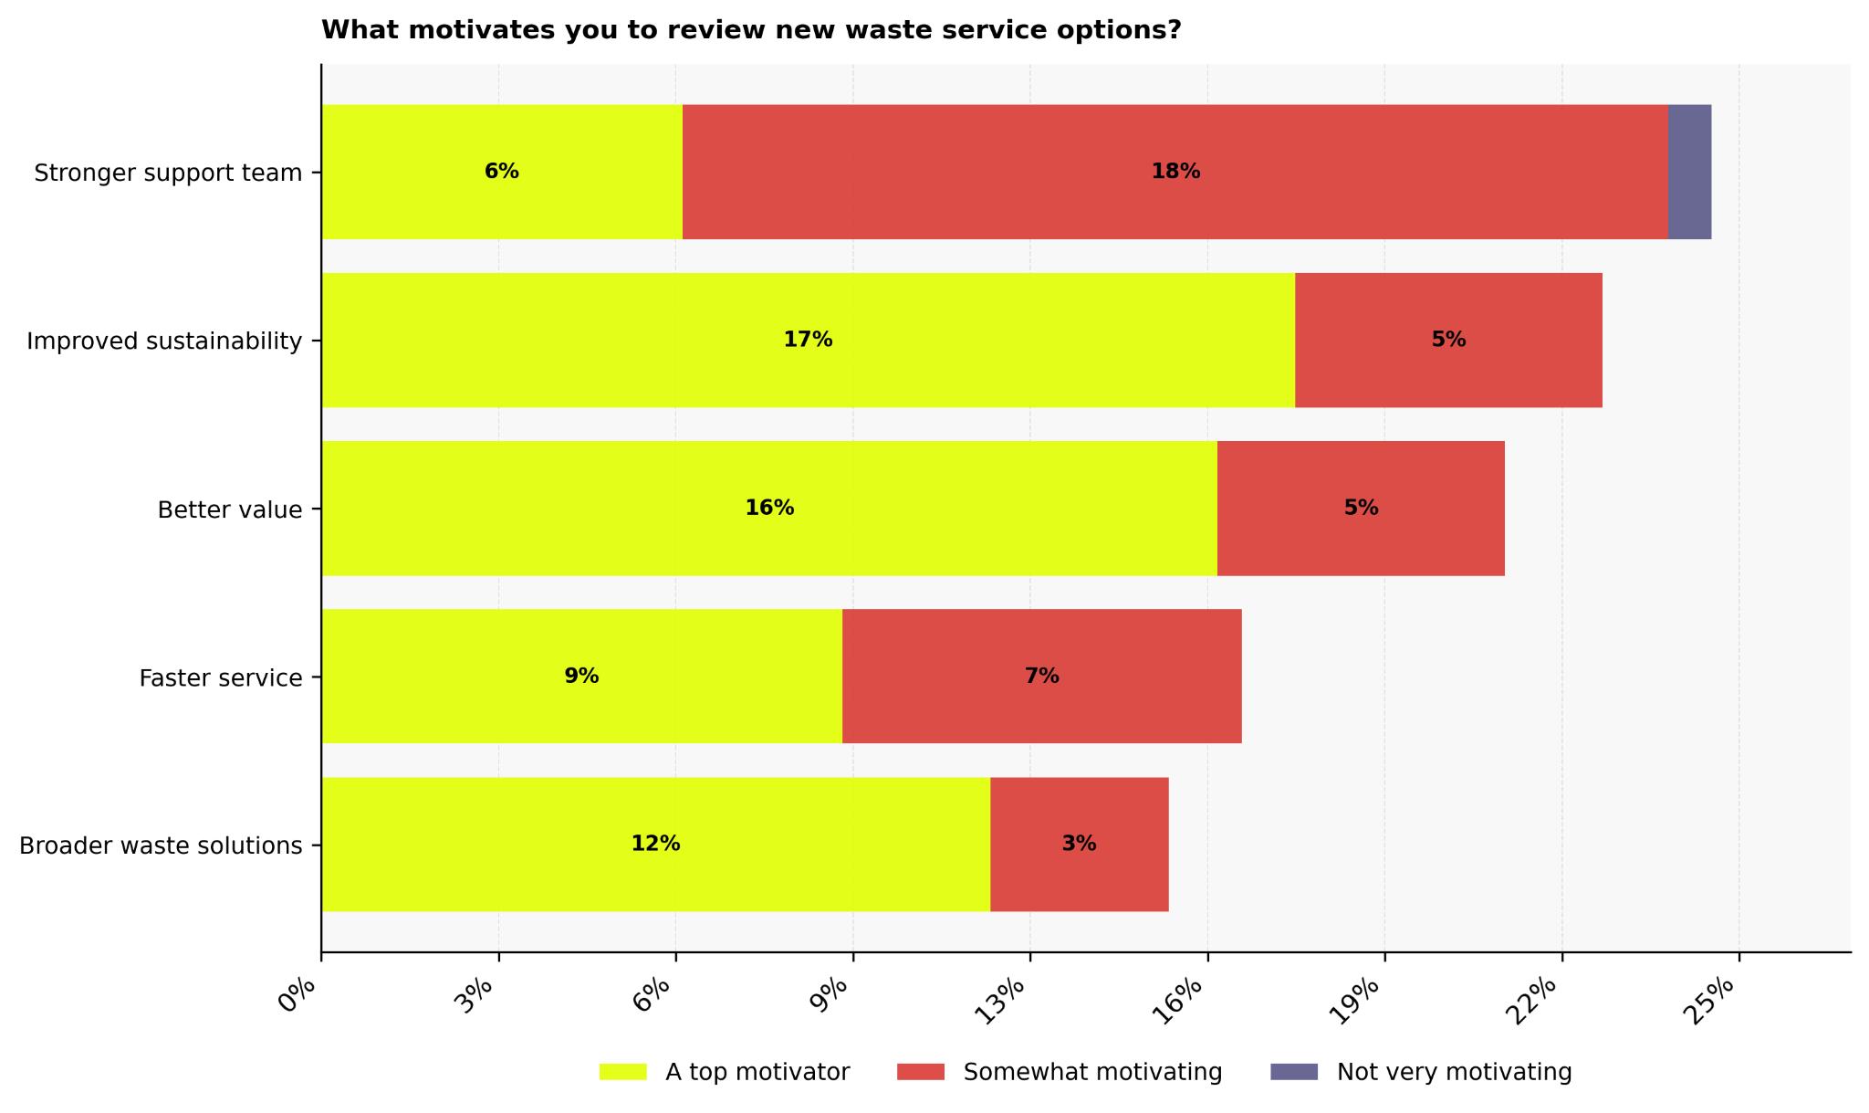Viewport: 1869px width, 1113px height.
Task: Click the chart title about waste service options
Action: (751, 30)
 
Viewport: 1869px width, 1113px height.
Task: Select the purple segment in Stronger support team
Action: (1689, 172)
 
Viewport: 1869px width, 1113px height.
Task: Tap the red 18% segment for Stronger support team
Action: (1175, 172)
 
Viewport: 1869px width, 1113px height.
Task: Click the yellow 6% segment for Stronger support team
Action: (501, 172)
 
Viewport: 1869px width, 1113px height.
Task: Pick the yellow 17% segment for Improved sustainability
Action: (808, 340)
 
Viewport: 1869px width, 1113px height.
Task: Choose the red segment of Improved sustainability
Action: (1448, 340)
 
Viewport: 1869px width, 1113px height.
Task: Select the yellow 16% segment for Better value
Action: (768, 509)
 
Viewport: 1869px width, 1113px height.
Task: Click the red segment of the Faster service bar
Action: (1041, 677)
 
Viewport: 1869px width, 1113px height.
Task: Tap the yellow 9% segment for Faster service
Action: (581, 677)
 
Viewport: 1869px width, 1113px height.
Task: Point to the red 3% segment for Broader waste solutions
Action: (1079, 845)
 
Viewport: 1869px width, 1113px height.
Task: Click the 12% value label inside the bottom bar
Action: (655, 845)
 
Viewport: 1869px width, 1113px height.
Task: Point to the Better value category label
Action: (229, 509)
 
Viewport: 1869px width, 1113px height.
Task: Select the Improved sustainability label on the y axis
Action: (164, 341)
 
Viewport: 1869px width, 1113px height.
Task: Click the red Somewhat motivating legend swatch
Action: (920, 1072)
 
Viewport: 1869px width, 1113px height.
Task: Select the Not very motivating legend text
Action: (1454, 1072)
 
